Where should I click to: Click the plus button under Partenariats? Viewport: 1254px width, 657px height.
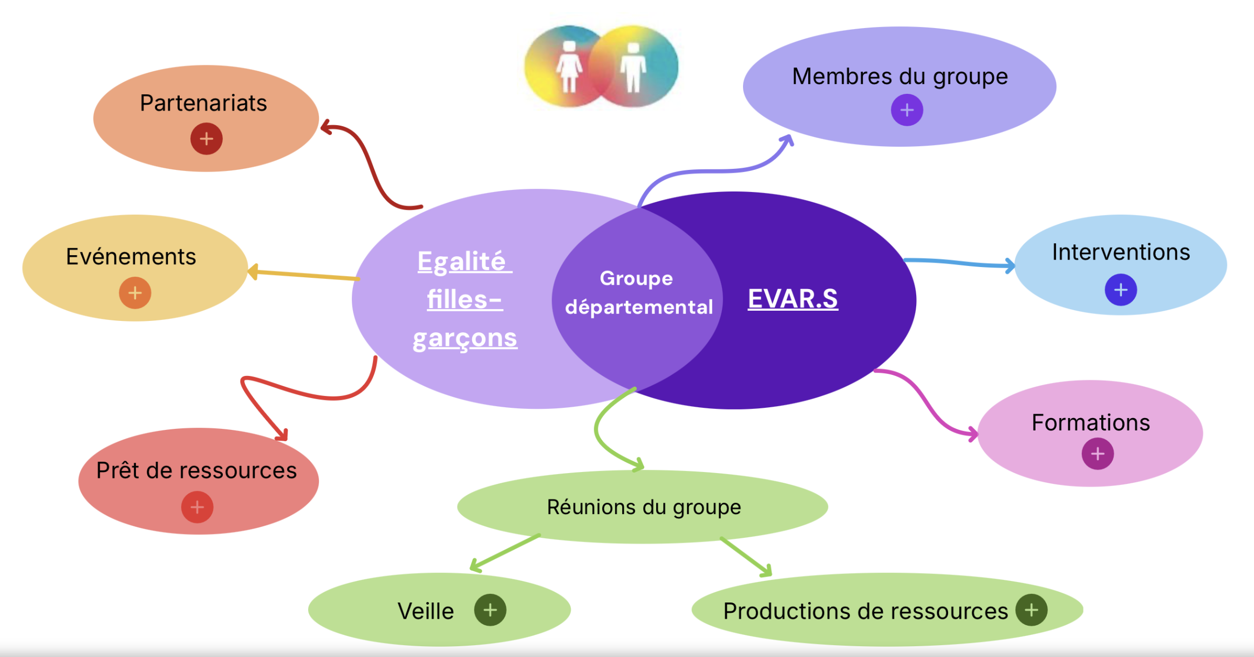(x=206, y=139)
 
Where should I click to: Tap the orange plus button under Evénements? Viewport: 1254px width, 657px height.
(x=135, y=293)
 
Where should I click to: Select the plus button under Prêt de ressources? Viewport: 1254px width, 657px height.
(x=197, y=507)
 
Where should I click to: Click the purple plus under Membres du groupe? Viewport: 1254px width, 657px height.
(x=907, y=110)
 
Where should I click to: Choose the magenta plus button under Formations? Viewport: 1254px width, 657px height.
(x=1098, y=454)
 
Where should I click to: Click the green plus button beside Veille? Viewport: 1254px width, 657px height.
(x=490, y=610)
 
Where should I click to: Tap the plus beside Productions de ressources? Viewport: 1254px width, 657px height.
(x=1031, y=610)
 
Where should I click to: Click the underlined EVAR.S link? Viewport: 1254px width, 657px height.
(x=793, y=298)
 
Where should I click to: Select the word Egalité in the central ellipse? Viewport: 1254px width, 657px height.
(x=462, y=262)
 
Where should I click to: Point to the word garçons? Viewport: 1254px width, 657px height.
(x=465, y=338)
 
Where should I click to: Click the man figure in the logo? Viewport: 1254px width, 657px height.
(x=633, y=67)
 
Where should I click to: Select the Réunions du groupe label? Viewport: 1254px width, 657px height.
(x=644, y=507)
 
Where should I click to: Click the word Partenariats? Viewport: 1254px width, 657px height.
(x=203, y=103)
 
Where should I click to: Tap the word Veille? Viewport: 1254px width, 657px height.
(x=426, y=611)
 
